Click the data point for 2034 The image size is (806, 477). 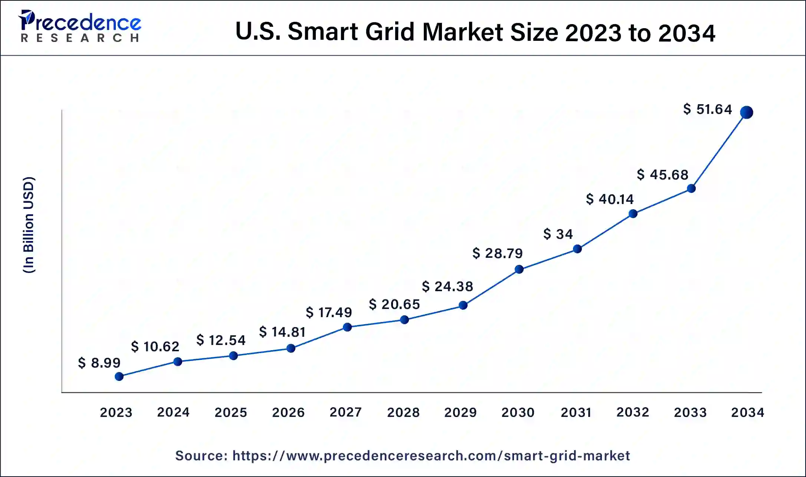coord(746,112)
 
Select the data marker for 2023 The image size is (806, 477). coord(119,376)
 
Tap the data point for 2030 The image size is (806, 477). coord(519,269)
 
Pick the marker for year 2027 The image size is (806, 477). coord(347,327)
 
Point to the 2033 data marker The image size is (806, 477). coord(691,188)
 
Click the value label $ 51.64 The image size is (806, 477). coord(707,109)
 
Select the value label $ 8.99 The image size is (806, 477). coord(99,362)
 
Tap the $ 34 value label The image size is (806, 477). coord(558,234)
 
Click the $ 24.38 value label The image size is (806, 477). coord(447,286)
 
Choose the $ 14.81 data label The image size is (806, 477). coord(282,332)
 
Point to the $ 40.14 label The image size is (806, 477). coord(610,199)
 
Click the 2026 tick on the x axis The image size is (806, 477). coord(288,412)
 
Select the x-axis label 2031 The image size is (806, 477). coord(576,412)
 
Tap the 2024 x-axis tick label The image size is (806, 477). coord(173,412)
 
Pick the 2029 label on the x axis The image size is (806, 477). coord(460,412)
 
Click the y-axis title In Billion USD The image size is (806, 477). coord(29,225)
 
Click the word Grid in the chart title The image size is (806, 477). coord(390,32)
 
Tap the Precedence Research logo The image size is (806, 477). coord(80,26)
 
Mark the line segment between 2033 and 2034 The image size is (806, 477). coord(719,150)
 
